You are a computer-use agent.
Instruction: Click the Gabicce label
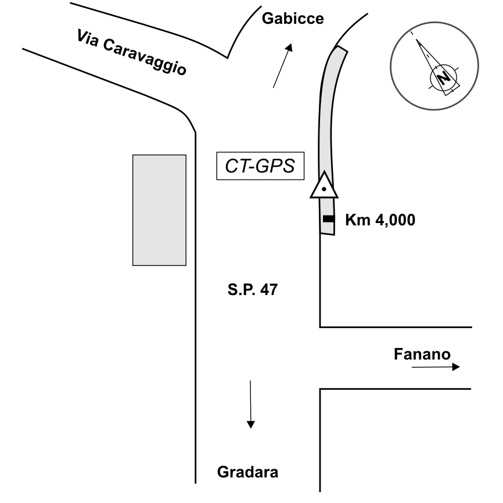293,19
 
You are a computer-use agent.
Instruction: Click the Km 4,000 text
380,220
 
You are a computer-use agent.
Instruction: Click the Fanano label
422,354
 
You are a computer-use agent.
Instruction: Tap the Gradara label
247,472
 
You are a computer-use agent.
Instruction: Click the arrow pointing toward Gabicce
282,65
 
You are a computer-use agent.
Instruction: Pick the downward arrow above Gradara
250,404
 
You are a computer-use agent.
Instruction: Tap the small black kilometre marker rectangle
329,219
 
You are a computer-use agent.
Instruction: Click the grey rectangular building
159,210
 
